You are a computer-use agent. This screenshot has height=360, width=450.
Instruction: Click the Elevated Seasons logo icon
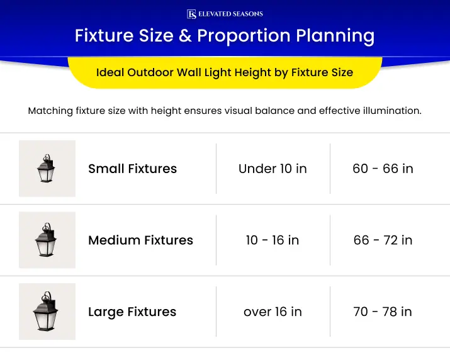pyautogui.click(x=191, y=14)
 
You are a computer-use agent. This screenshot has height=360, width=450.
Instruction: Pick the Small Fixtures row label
pyautogui.click(x=132, y=169)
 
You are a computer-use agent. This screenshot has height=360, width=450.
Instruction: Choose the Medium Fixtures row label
pyautogui.click(x=140, y=240)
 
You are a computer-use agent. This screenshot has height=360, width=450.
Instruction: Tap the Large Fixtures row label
pyautogui.click(x=132, y=312)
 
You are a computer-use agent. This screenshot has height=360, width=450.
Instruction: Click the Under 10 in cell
pyautogui.click(x=273, y=169)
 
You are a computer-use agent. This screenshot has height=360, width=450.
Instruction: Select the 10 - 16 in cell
pyautogui.click(x=273, y=240)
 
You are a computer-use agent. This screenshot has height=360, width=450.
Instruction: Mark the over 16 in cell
pyautogui.click(x=273, y=312)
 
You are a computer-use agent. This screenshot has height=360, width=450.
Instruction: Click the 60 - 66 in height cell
pyautogui.click(x=383, y=169)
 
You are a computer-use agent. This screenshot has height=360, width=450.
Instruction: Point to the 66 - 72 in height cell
pyautogui.click(x=383, y=240)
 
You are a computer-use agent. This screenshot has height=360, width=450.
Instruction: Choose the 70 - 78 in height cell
pyautogui.click(x=383, y=312)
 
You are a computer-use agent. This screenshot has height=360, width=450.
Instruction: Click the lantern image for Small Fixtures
pyautogui.click(x=47, y=169)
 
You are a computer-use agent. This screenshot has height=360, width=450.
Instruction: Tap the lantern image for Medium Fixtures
pyautogui.click(x=47, y=240)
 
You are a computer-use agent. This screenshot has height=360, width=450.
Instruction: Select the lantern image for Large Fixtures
pyautogui.click(x=47, y=312)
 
